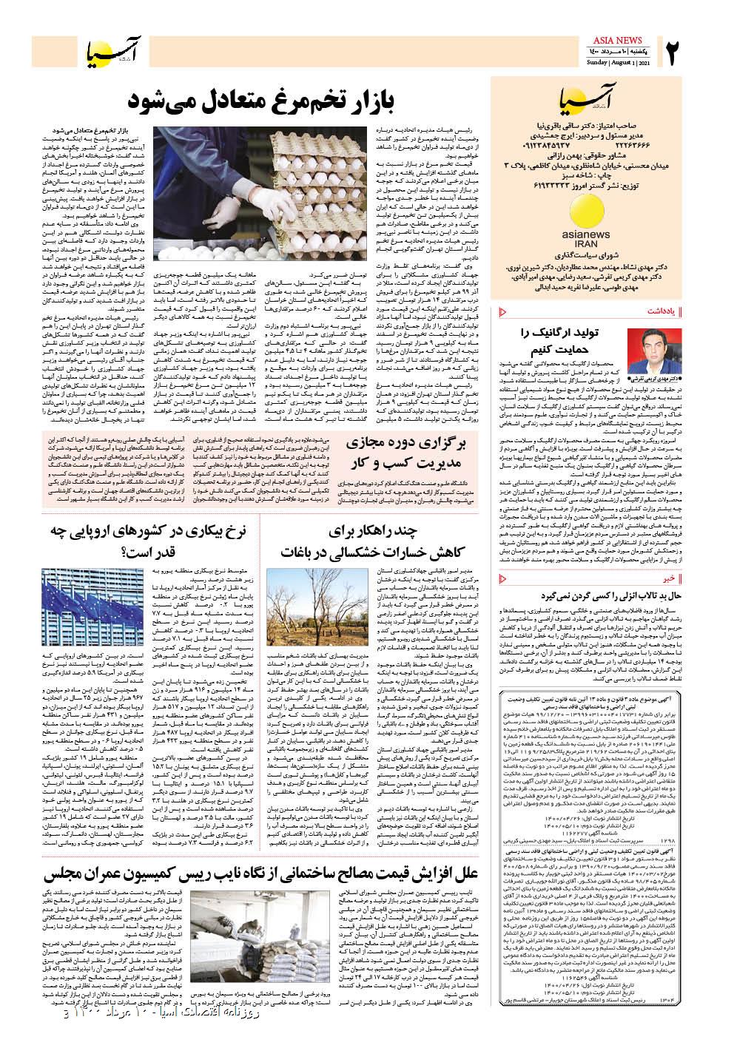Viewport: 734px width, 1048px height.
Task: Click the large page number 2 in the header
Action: click(673, 52)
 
